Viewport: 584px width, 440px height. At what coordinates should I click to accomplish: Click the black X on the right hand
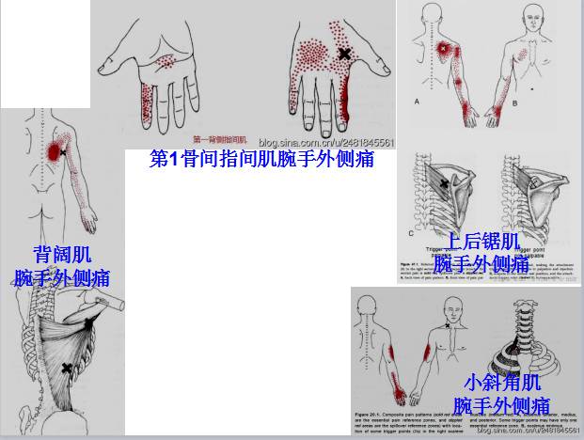[344, 55]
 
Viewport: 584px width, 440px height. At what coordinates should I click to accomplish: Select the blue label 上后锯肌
[481, 241]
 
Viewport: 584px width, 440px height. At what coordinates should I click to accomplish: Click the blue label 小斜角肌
[502, 383]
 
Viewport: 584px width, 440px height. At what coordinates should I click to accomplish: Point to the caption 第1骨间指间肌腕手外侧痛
[261, 159]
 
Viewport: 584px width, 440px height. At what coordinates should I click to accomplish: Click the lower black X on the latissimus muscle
[66, 367]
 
